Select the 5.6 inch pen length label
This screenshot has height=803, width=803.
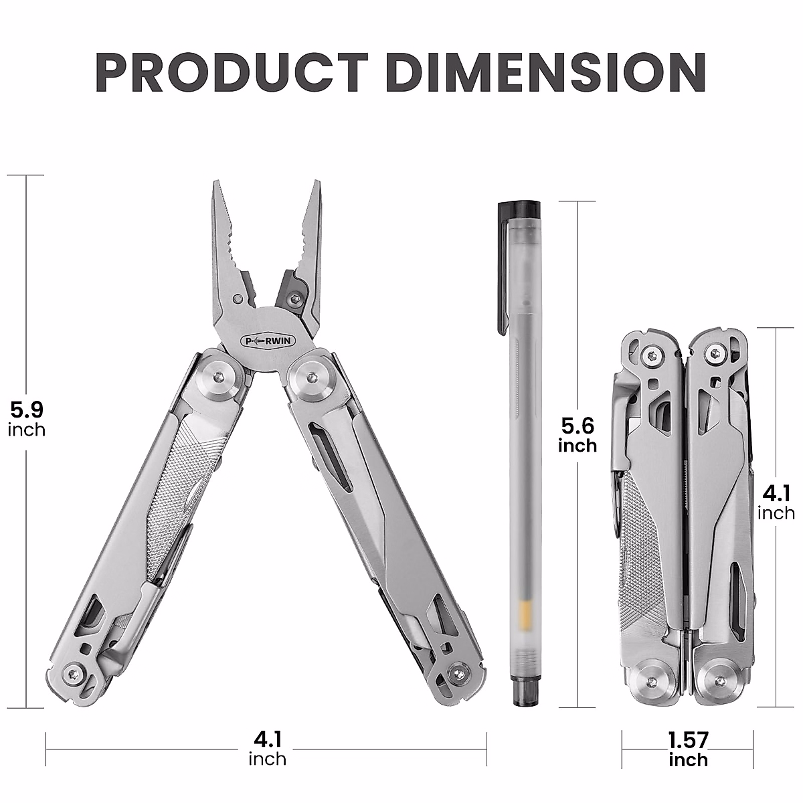(577, 434)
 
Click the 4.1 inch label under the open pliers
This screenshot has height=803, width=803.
(267, 748)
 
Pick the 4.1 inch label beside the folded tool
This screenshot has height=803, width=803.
(776, 503)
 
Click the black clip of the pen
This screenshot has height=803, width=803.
(499, 268)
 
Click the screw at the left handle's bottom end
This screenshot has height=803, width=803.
(75, 674)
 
